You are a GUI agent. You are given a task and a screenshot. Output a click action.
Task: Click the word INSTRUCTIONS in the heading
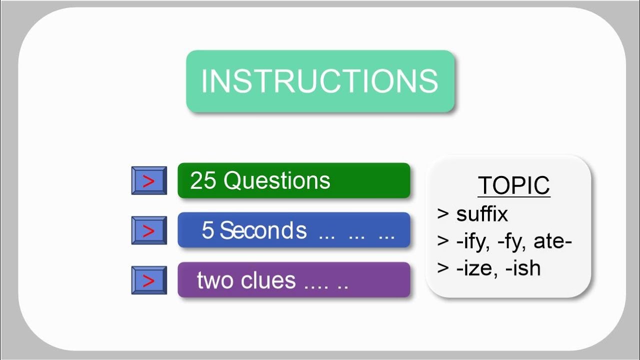tap(319, 81)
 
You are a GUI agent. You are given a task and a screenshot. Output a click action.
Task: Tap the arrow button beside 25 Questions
tap(149, 180)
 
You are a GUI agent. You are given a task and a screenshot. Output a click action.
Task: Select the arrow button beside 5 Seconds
tap(149, 230)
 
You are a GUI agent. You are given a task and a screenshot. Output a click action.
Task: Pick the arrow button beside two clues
tap(149, 280)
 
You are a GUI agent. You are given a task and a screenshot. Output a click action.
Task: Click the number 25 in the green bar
tap(203, 180)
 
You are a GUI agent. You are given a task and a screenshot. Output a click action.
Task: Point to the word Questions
tap(276, 180)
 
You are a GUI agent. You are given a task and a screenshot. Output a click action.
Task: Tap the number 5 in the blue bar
tap(207, 230)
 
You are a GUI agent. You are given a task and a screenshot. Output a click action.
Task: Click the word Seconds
tap(263, 230)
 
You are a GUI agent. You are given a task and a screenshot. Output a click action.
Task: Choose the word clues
tap(268, 280)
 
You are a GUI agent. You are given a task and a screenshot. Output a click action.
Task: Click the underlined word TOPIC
tap(513, 186)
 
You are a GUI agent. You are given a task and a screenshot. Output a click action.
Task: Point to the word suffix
tap(482, 214)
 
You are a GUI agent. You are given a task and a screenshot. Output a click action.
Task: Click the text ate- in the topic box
tap(552, 241)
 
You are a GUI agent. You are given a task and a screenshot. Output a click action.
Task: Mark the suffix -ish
tap(523, 268)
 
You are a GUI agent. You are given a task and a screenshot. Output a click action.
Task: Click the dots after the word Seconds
tap(356, 234)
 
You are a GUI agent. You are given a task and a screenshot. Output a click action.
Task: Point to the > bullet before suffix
tap(443, 214)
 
